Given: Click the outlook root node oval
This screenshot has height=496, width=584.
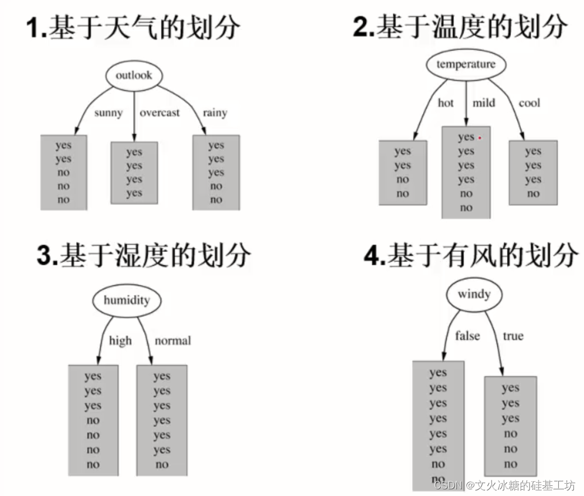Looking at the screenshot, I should (x=134, y=75).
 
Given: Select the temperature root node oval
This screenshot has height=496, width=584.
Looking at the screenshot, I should (x=466, y=64).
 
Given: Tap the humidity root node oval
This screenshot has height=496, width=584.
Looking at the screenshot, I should (x=127, y=300).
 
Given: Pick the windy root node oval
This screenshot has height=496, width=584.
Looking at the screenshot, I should (x=474, y=294).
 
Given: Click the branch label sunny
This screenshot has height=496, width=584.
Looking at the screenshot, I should (x=108, y=113).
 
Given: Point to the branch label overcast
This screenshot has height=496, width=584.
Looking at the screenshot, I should (x=160, y=113).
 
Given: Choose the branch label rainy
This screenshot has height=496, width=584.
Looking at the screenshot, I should (x=215, y=113).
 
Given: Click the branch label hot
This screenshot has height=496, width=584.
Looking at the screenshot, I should (x=446, y=103).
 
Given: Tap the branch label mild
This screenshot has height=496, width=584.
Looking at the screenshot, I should (x=484, y=103).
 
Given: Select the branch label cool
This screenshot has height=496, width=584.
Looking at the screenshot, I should (x=529, y=103).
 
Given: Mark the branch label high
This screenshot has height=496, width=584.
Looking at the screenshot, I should (x=120, y=341).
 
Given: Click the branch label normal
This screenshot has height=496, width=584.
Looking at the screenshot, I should (x=172, y=341).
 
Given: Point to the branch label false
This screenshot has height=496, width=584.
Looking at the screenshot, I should (x=467, y=336).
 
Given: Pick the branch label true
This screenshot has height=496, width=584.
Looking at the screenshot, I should (x=513, y=336).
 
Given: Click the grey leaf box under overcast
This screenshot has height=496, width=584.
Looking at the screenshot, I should (x=134, y=173).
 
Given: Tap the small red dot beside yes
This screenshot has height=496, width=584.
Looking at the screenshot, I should (x=480, y=137).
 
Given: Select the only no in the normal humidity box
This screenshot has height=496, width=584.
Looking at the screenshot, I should (x=162, y=465).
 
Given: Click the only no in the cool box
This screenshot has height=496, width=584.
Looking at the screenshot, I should (x=533, y=194).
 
